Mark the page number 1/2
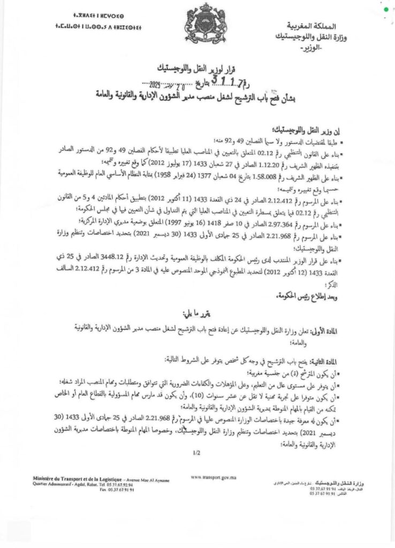(197, 453)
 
